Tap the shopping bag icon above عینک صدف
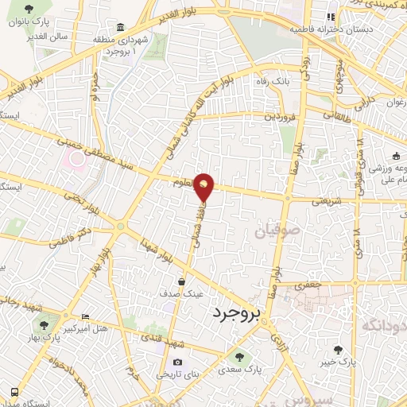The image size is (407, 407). tap(182, 281)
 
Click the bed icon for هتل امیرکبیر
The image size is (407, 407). tap(86, 316)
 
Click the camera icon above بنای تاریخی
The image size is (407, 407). tap(177, 362)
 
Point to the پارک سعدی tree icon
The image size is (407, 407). tap(238, 357)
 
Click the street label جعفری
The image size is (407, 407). tap(306, 284)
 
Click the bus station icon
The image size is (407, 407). tap(15, 392)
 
